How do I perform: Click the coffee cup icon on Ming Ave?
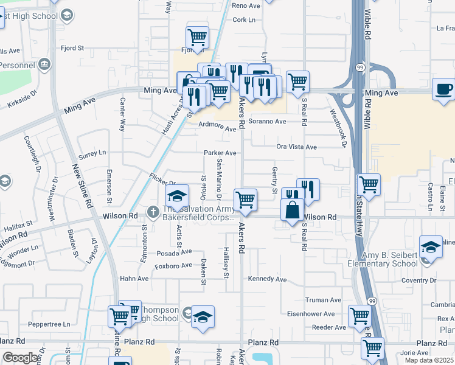(x=443, y=89)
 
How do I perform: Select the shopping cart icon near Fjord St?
(x=197, y=38)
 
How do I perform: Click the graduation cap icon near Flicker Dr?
(x=177, y=196)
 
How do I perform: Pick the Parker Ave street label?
(x=220, y=153)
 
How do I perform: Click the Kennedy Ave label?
(x=267, y=280)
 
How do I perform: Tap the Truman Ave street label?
(x=323, y=300)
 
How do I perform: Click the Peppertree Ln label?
(x=50, y=325)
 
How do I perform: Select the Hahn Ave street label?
(x=134, y=279)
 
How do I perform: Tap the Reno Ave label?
(x=246, y=5)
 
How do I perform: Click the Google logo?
(x=21, y=358)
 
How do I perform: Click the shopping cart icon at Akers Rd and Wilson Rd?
(x=245, y=199)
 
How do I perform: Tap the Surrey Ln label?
(x=92, y=153)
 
